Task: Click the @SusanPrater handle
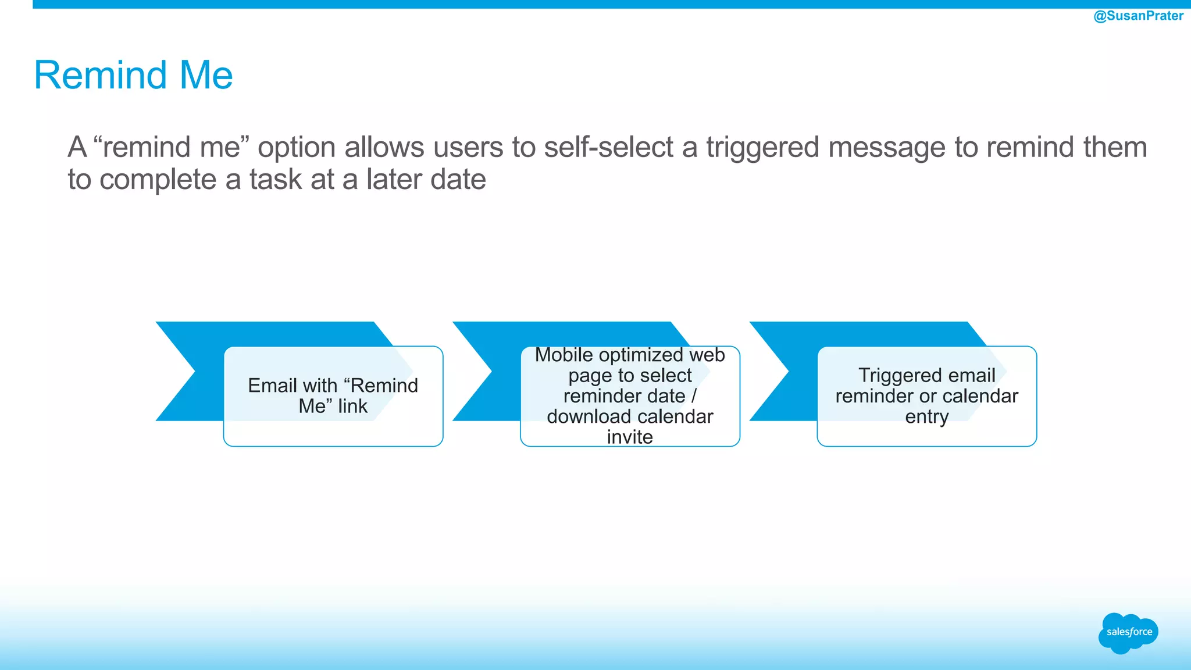pyautogui.click(x=1138, y=16)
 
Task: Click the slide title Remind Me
pyautogui.click(x=133, y=75)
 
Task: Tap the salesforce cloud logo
pyautogui.click(x=1128, y=632)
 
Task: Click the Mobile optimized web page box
pyautogui.click(x=630, y=396)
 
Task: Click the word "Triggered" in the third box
pyautogui.click(x=896, y=376)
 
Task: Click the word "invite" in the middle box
pyautogui.click(x=630, y=437)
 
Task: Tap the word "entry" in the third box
pyautogui.click(x=926, y=417)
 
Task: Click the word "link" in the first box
pyautogui.click(x=352, y=406)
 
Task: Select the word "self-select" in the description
pyautogui.click(x=608, y=147)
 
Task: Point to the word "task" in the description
pyautogui.click(x=276, y=179)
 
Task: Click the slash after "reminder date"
pyautogui.click(x=694, y=396)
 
